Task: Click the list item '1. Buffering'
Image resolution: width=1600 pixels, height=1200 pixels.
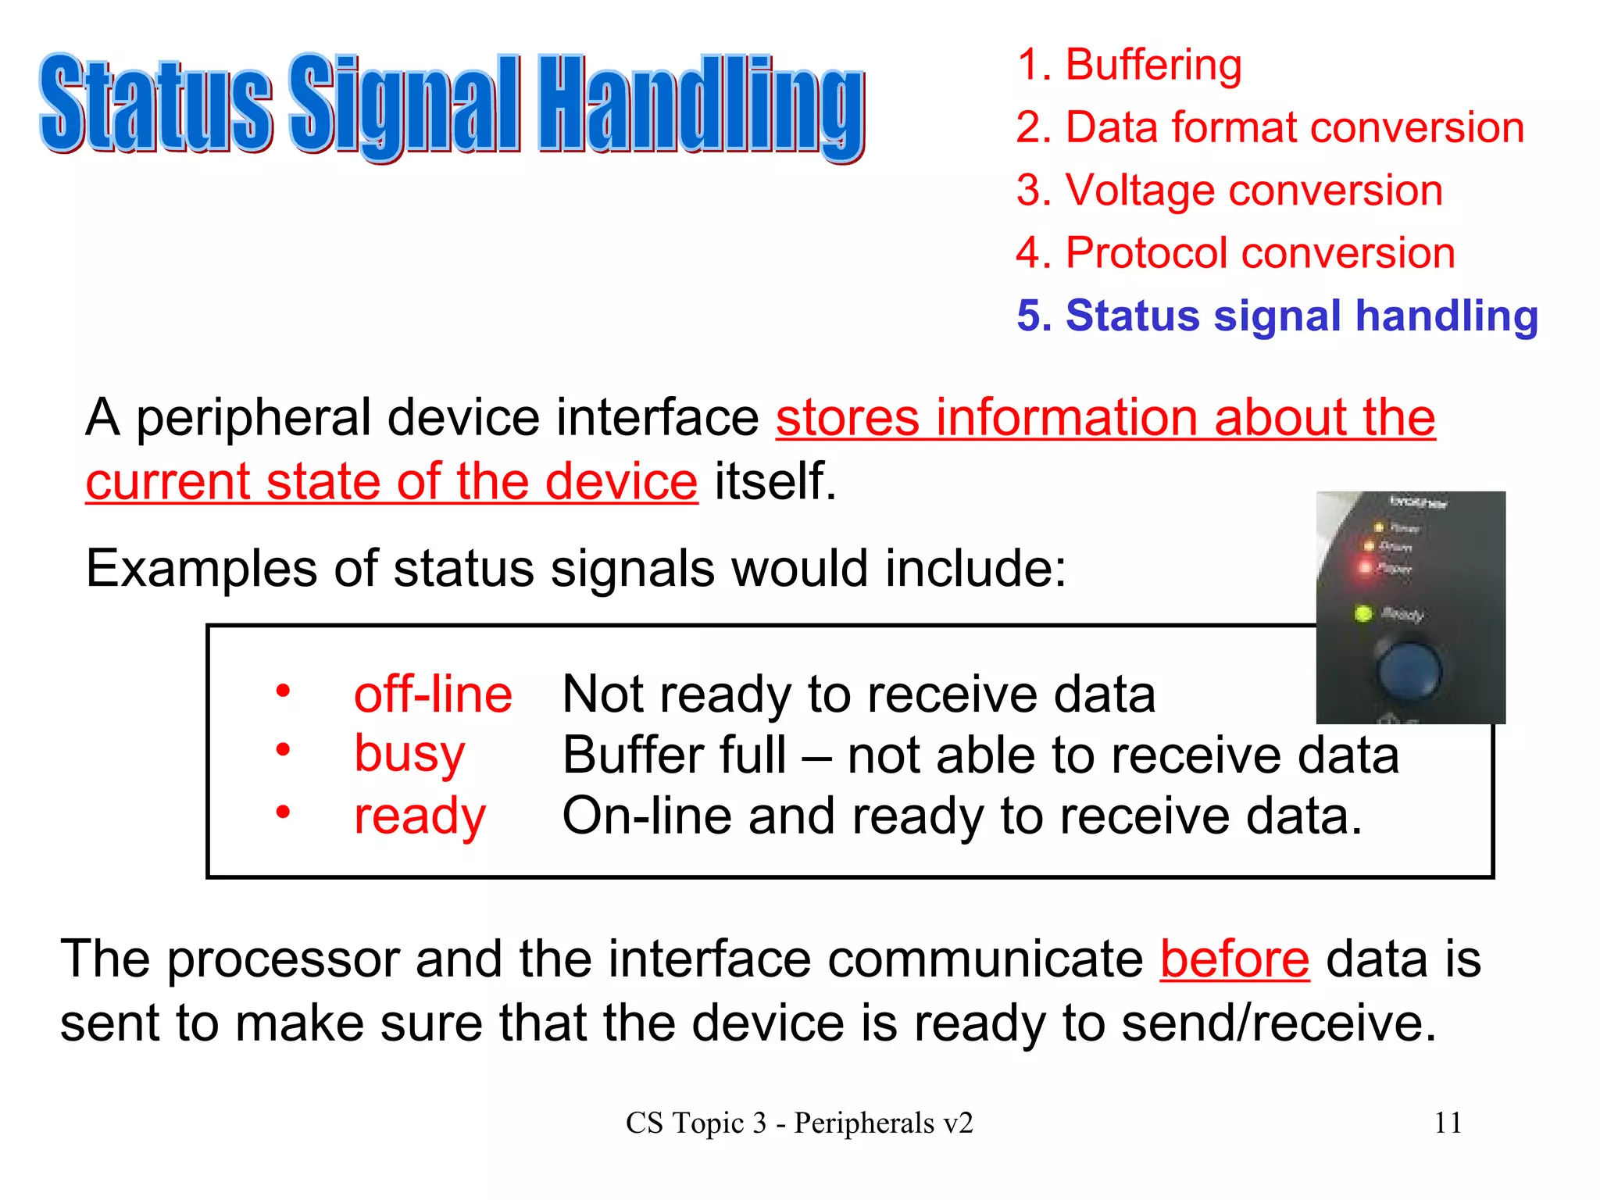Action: pyautogui.click(x=1128, y=64)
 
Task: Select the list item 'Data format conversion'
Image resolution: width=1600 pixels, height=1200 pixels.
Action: pyautogui.click(x=1270, y=127)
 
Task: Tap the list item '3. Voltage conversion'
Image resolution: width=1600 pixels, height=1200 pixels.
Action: pyautogui.click(x=1229, y=191)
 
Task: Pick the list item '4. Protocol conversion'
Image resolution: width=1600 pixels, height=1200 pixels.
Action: pyautogui.click(x=1235, y=253)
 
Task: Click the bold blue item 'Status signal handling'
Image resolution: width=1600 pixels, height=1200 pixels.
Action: pyautogui.click(x=1277, y=316)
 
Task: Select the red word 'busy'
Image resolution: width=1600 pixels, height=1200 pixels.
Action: pyautogui.click(x=409, y=754)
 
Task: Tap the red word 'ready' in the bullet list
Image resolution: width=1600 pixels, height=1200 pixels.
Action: pyautogui.click(x=420, y=816)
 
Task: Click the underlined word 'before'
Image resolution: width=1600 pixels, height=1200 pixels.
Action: pyautogui.click(x=1234, y=959)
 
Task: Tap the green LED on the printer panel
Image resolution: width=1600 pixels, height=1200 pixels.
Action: pyautogui.click(x=1363, y=613)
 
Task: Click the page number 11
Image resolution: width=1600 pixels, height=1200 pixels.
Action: pyautogui.click(x=1448, y=1123)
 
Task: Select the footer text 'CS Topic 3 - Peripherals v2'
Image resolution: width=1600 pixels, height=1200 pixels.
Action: pyautogui.click(x=799, y=1123)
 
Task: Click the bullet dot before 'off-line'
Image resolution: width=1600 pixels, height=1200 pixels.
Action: pyautogui.click(x=283, y=691)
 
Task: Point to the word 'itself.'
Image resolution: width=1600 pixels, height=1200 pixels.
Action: pyautogui.click(x=775, y=480)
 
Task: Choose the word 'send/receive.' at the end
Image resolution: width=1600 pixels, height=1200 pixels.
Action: pyautogui.click(x=1279, y=1023)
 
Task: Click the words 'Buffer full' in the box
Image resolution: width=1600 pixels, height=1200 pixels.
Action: pyautogui.click(x=673, y=755)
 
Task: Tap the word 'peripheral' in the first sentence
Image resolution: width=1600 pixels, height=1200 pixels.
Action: pyautogui.click(x=259, y=418)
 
